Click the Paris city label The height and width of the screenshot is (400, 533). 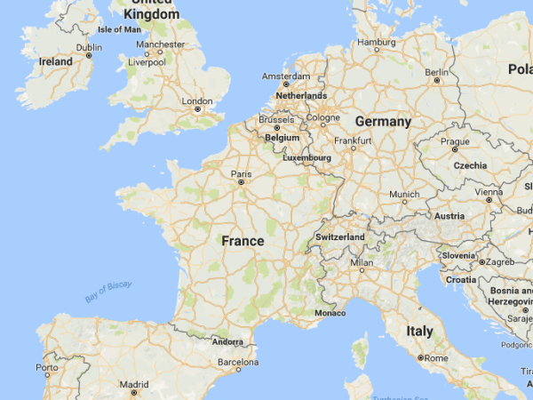241,173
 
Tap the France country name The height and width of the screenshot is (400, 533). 243,241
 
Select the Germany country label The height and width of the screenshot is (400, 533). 383,122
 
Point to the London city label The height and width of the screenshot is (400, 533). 196,101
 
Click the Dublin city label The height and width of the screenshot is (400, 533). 89,48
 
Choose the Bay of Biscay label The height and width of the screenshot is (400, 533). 108,290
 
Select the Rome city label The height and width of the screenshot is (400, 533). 436,357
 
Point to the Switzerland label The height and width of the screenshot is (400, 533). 340,238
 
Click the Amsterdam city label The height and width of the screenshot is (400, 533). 286,76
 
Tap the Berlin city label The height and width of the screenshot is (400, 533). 436,72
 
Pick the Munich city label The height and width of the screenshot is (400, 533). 404,194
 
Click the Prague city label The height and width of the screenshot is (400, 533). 454,141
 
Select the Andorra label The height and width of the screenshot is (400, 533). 228,341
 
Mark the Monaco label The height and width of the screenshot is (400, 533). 330,313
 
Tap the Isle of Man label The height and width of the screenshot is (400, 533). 119,29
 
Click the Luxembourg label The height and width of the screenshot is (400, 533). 306,158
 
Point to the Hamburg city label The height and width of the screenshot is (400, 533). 376,43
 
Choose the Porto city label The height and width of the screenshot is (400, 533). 47,367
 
